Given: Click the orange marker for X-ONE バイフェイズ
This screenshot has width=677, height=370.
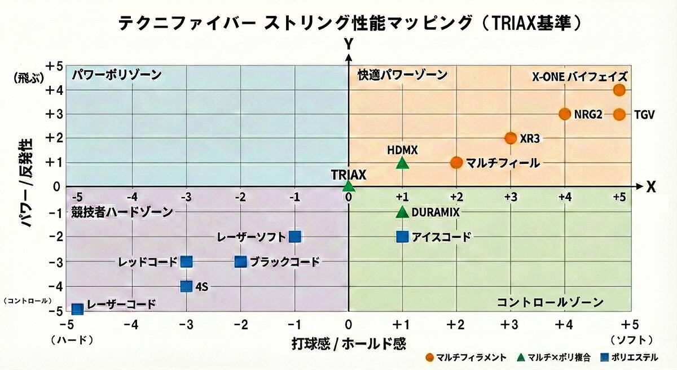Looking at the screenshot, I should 619,90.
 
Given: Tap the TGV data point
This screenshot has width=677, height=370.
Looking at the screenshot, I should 619,114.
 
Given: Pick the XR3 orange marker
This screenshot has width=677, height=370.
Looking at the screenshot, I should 511,138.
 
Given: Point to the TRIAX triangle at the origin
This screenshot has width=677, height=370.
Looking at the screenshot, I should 349,186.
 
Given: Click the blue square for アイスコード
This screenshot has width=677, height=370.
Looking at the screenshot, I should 402,237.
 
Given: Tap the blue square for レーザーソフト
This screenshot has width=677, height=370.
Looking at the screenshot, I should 294,237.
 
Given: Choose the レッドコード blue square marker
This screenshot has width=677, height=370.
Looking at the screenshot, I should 187,262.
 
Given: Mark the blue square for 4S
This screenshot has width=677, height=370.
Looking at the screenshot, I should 187,286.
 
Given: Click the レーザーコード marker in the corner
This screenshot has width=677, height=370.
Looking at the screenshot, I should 77,308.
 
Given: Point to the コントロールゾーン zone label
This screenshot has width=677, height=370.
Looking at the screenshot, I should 550,302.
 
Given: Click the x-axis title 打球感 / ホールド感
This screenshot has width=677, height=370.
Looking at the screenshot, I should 349,343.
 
